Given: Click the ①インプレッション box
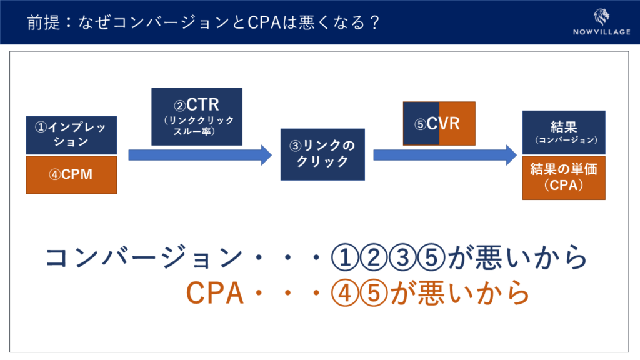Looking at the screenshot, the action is coord(71,135).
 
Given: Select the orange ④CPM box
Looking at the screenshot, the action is coord(71,175).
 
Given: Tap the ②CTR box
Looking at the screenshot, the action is coord(197,117).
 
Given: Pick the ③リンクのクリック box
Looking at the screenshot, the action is coord(322,154).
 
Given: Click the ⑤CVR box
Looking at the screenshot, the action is coord(439,123).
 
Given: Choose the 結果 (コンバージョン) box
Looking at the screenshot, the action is coord(564,132).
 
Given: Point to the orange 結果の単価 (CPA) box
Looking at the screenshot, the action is coord(564,177).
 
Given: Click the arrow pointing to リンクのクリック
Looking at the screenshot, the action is coord(200,155).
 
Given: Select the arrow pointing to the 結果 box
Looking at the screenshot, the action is coord(445,155).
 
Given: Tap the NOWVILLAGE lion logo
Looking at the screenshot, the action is coord(601,17).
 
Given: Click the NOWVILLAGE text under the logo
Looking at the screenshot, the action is coord(602,32).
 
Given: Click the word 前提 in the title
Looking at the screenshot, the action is coord(44,22).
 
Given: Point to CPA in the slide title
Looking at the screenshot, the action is coord(264,22).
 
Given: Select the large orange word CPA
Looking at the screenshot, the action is coord(215,293).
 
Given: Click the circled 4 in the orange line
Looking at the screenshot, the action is coord(345,293).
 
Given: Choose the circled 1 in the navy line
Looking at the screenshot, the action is coord(345,257).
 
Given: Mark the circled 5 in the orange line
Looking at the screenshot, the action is coord(374,293).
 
